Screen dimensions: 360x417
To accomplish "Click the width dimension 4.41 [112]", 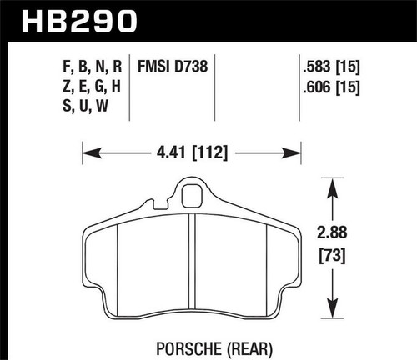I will click(190, 152).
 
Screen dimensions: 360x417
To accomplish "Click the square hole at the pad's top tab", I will click(191, 198).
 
